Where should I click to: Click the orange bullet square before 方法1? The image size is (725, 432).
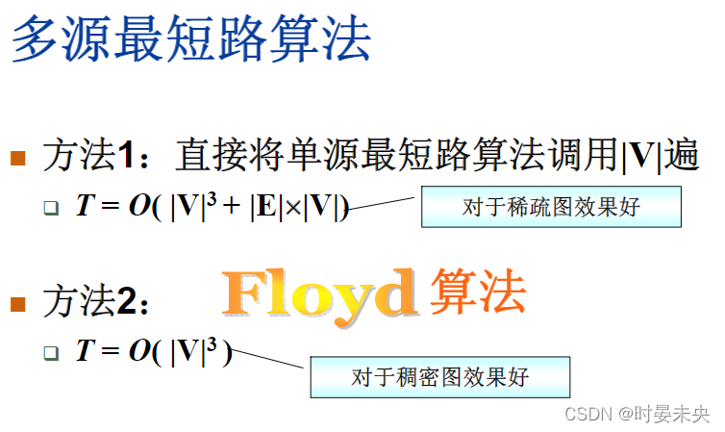coord(17,158)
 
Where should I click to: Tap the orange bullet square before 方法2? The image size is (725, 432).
coord(17,305)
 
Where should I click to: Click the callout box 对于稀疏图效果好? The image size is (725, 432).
coord(551,207)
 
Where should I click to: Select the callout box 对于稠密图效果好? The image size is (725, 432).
coord(439,376)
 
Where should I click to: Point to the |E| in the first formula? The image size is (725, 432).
coord(263,206)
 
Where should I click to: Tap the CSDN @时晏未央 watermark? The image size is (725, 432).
coord(637,415)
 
